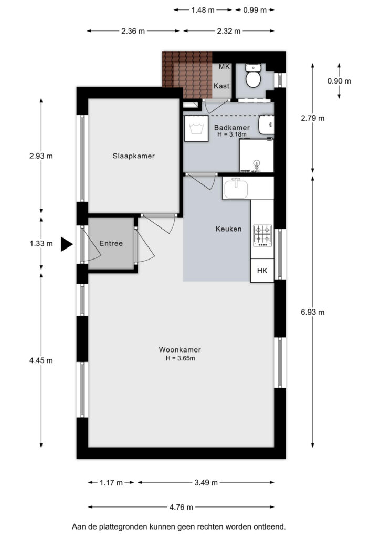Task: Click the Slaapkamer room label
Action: click(x=134, y=156)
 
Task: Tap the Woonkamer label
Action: click(x=180, y=349)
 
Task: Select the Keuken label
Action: click(x=228, y=229)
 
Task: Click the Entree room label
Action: click(x=111, y=243)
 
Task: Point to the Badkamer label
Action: click(x=232, y=128)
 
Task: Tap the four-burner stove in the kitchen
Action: click(x=262, y=235)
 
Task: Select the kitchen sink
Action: click(x=236, y=189)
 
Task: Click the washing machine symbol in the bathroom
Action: click(x=196, y=129)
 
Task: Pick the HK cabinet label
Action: click(x=262, y=271)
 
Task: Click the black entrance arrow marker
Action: click(x=67, y=244)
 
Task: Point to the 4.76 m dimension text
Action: click(x=181, y=507)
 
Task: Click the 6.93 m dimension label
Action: click(x=312, y=312)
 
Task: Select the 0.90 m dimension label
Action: click(x=339, y=81)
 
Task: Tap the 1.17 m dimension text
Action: click(x=111, y=483)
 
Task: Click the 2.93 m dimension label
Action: click(x=41, y=156)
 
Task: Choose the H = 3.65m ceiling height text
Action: click(x=181, y=358)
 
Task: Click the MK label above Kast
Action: click(x=225, y=67)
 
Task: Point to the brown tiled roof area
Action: click(x=187, y=75)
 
